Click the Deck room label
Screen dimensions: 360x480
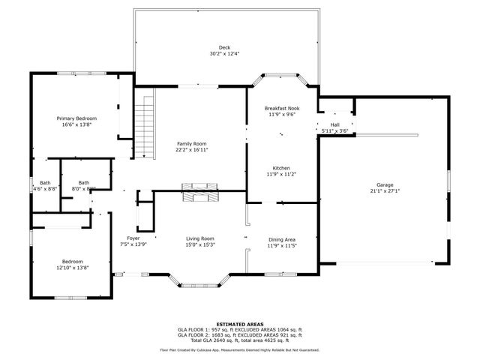[225, 47]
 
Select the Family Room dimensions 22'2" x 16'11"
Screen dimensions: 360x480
[192, 150]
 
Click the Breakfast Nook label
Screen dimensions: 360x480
[281, 109]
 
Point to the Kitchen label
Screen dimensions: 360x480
[281, 168]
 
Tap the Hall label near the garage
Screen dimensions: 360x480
[334, 125]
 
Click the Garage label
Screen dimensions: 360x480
[385, 184]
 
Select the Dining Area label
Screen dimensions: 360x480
[282, 238]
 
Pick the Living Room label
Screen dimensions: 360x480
[200, 238]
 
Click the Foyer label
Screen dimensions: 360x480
[133, 238]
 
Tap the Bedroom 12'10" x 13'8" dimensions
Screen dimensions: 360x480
[73, 268]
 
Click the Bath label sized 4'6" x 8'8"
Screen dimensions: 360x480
[45, 182]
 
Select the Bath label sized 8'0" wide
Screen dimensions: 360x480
[83, 182]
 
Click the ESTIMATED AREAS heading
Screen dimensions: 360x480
[239, 324]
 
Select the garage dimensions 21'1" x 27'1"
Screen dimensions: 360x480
[385, 190]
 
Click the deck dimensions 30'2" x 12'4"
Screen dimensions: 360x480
[225, 54]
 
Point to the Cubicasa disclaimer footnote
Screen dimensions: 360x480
[239, 349]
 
